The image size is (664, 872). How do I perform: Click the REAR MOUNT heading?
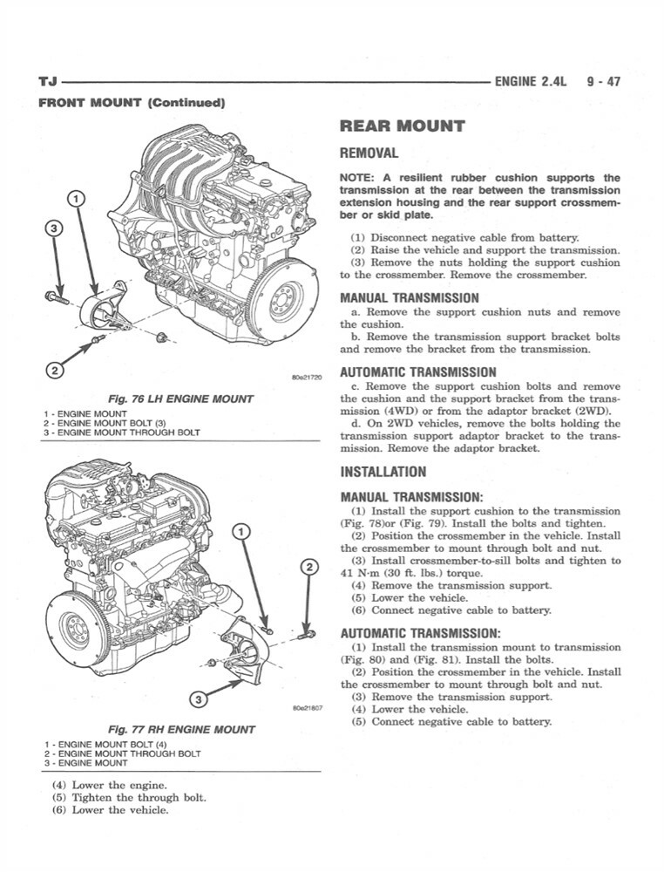(402, 126)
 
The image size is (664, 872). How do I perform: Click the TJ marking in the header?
(49, 83)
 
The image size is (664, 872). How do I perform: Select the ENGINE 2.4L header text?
(530, 82)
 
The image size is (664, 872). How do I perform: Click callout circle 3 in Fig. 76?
(55, 228)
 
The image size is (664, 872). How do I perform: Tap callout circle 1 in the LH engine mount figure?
(77, 198)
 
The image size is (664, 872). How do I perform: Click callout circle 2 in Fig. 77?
(308, 568)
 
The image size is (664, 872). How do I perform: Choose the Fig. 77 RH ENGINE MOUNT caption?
(180, 729)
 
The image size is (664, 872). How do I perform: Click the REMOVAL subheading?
(369, 153)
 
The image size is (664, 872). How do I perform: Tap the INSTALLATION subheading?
(383, 472)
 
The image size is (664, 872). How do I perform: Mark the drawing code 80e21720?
(304, 378)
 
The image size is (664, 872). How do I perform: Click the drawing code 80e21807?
(304, 708)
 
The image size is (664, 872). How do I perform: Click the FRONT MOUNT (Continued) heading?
(132, 103)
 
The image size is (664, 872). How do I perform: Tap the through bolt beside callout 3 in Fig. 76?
(58, 297)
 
